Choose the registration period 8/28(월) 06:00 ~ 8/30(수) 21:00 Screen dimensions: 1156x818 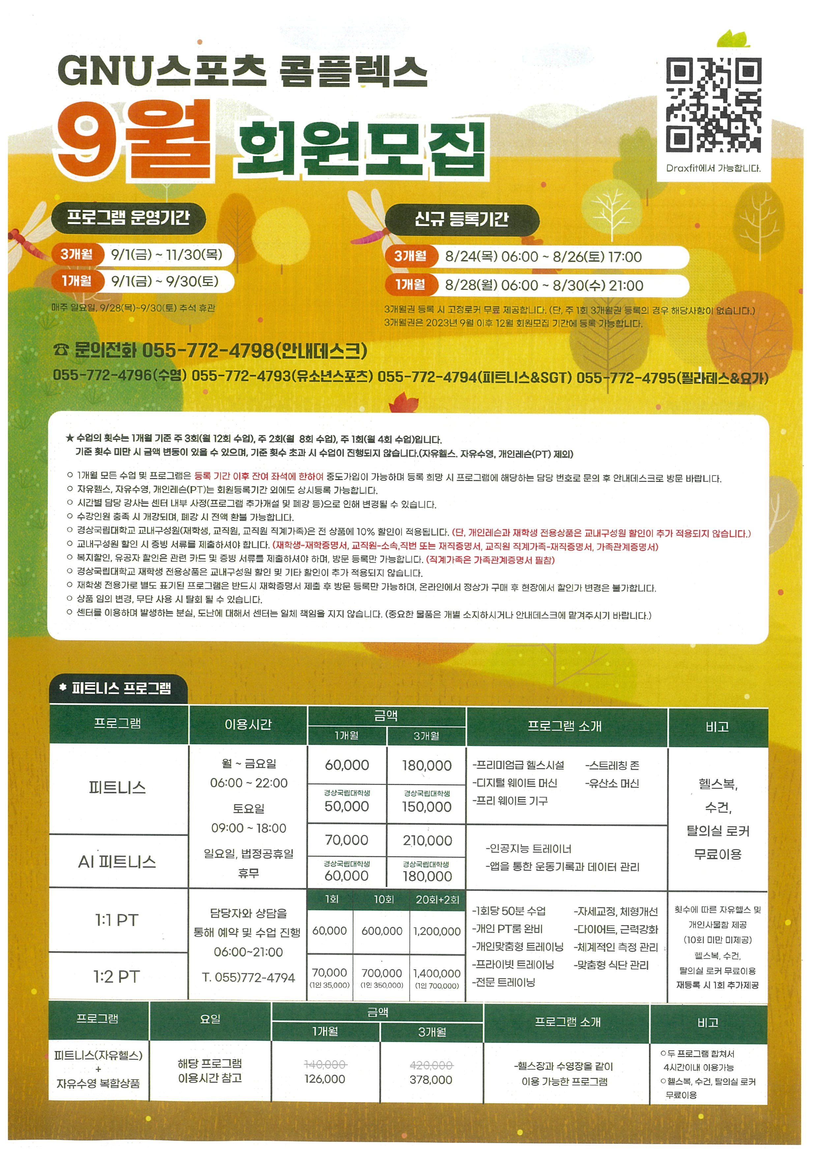point(544,286)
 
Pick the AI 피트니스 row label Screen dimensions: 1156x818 point(117,862)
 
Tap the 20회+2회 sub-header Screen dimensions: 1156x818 point(437,900)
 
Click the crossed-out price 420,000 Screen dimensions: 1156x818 point(431,1065)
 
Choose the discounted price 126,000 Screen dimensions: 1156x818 point(325,1079)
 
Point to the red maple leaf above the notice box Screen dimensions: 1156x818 point(404,403)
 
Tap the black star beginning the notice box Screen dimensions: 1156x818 point(70,438)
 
